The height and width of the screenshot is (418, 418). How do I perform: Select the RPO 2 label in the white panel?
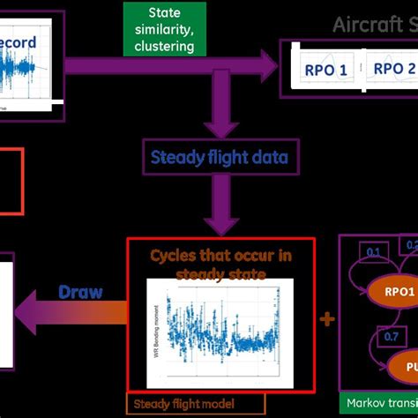pyautogui.click(x=392, y=70)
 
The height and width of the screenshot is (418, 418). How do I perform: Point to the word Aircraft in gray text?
pyautogui.click(x=364, y=24)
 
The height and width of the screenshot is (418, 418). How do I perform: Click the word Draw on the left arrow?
pyautogui.click(x=80, y=292)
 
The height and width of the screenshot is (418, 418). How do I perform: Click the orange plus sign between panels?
pyautogui.click(x=327, y=318)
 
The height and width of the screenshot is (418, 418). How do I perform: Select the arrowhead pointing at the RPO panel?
pyautogui.click(x=266, y=63)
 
